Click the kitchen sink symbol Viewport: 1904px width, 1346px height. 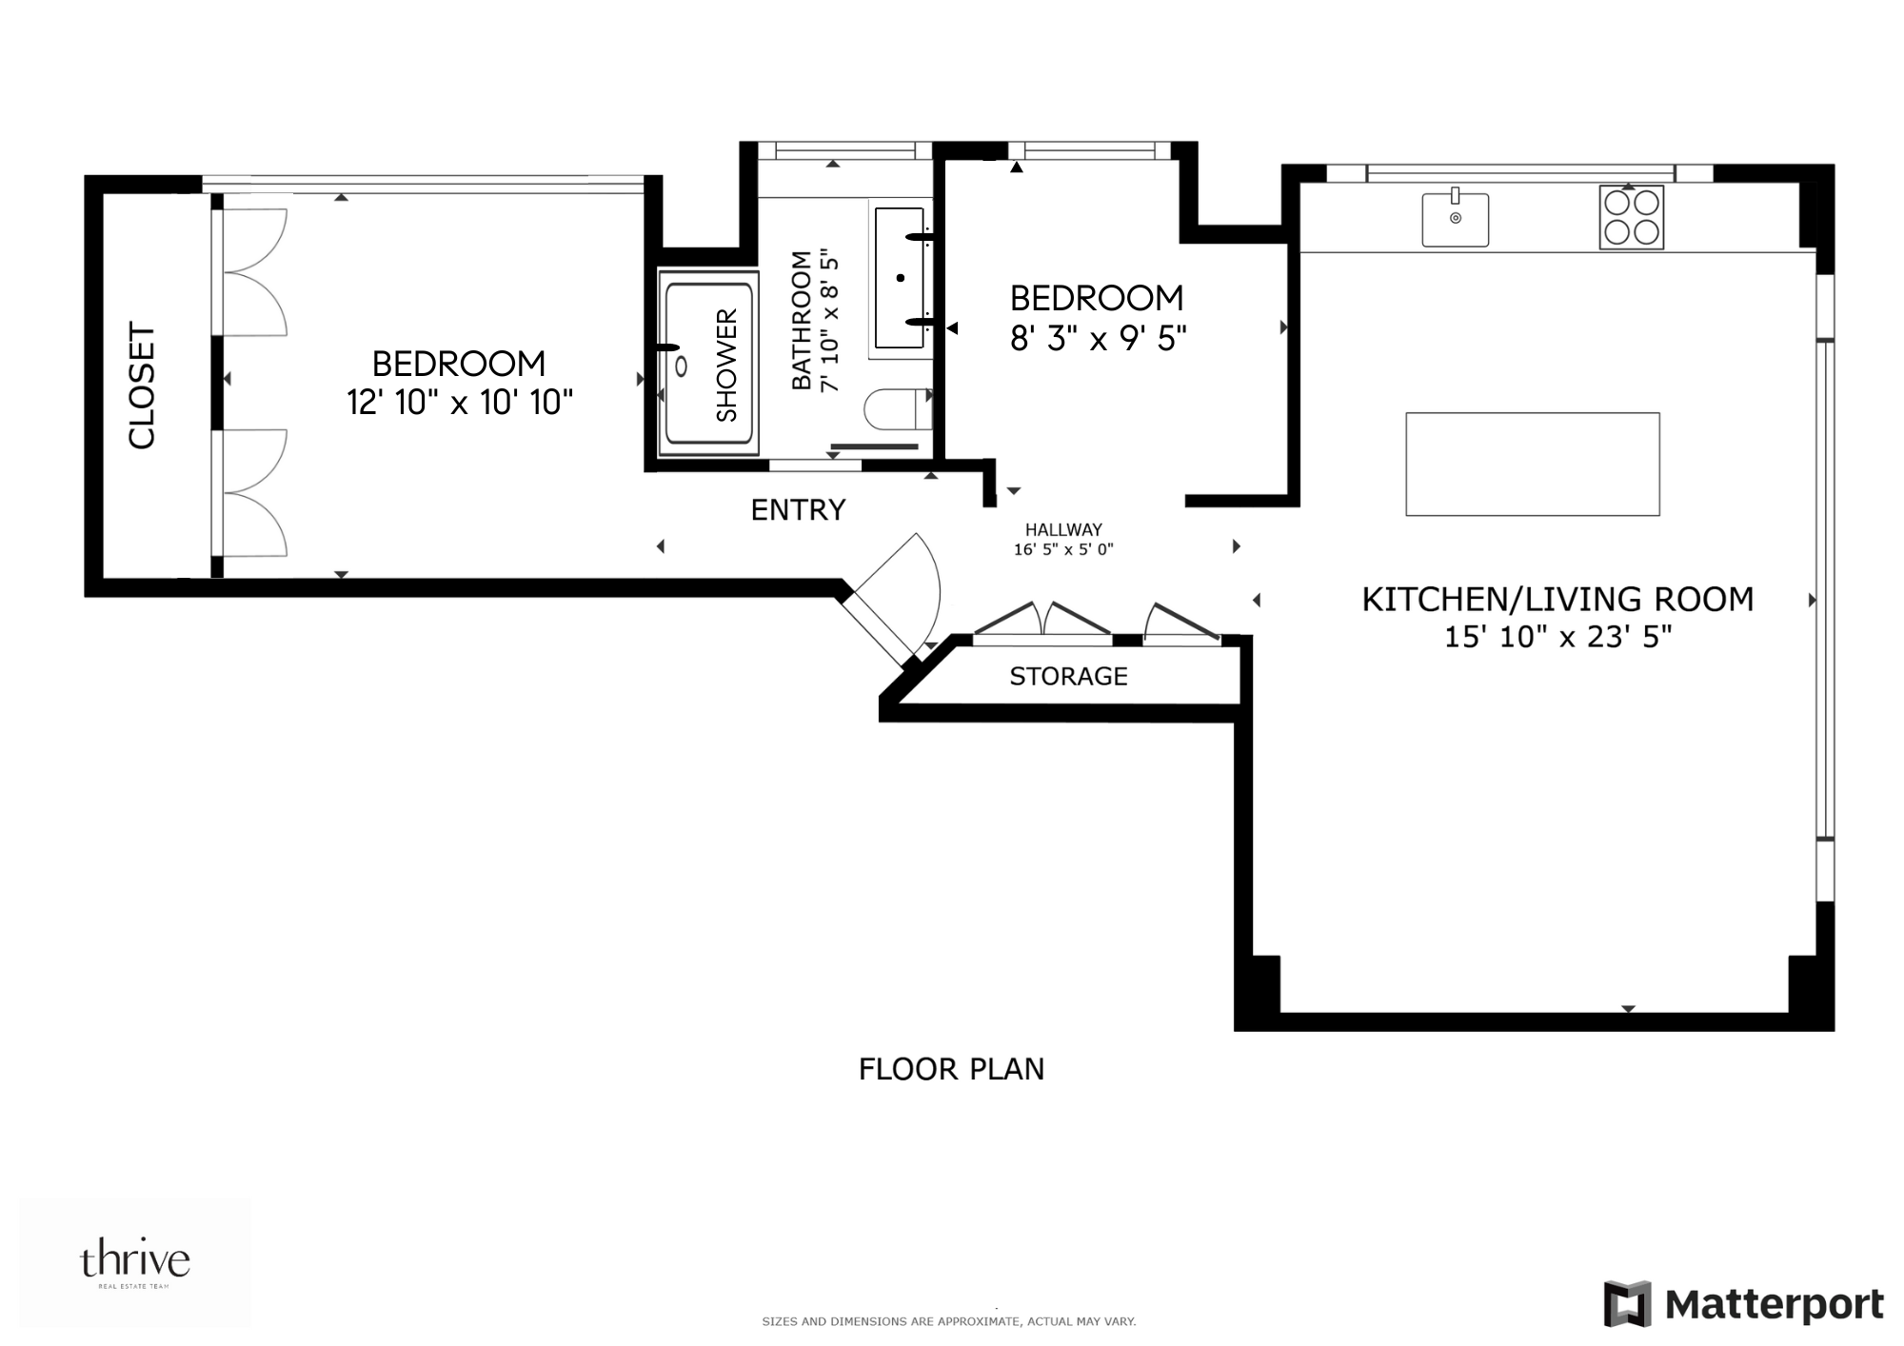(1455, 219)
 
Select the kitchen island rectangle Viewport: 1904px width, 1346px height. (1532, 464)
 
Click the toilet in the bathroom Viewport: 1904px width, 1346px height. (895, 410)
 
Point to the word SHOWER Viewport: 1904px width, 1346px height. (726, 365)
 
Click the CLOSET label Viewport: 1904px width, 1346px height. (142, 385)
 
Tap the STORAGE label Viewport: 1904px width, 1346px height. (1068, 676)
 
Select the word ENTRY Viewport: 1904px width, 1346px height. (798, 510)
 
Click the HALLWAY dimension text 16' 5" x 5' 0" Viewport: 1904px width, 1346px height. (1063, 549)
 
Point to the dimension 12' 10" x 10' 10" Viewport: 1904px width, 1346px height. (460, 403)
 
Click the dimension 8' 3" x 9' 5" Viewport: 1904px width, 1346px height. (1098, 338)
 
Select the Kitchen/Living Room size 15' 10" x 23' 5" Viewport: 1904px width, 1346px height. (1557, 636)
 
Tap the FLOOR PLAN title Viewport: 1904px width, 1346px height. (951, 1069)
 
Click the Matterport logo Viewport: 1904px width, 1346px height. (1743, 1303)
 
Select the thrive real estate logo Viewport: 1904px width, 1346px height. (134, 1263)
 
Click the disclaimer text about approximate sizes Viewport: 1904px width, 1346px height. (948, 1321)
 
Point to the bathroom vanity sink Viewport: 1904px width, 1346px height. (900, 278)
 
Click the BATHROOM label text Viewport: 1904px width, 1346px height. (802, 320)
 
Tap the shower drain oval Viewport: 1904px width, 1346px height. (682, 366)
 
